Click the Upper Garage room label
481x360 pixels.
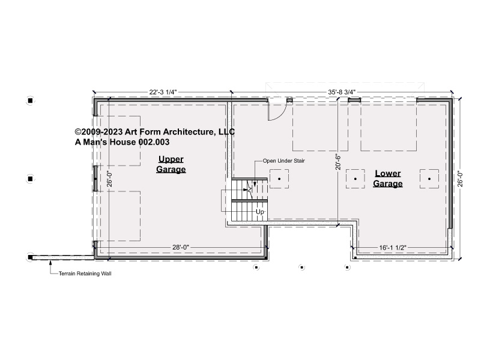coord(171,164)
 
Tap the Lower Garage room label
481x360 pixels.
coord(388,178)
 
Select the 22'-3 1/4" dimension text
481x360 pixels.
coord(163,92)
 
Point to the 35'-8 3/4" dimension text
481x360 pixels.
coord(342,92)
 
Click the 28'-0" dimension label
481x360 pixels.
coord(181,247)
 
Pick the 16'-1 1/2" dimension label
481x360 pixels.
coord(393,248)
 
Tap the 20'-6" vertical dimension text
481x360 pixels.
coord(338,162)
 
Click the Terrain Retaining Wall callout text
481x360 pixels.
coord(85,274)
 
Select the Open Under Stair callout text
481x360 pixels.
coord(284,161)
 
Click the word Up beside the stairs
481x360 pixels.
coord(260,212)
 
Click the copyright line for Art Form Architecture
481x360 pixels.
coord(155,132)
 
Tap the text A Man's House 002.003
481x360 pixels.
coord(122,142)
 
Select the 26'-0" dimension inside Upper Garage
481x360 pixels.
coord(109,179)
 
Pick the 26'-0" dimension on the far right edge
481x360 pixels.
coord(460,179)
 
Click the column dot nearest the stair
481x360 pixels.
coord(279,179)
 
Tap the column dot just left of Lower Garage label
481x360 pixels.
coord(355,179)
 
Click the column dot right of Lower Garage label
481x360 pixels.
coord(429,179)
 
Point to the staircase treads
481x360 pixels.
coord(249,200)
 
